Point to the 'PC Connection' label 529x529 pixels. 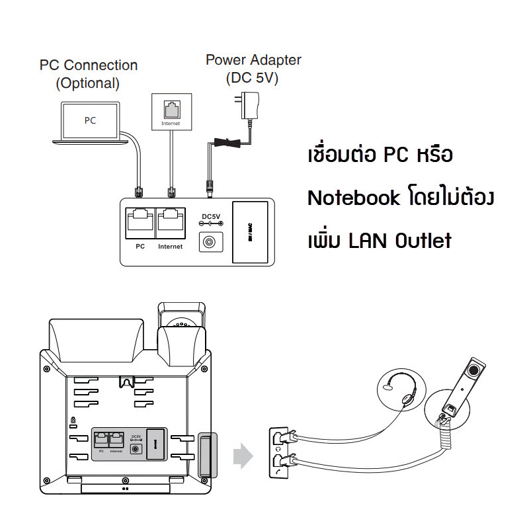coord(89,65)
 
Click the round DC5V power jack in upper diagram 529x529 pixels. coord(210,243)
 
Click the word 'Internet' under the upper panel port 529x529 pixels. coord(171,247)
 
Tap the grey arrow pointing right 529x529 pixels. coord(242,456)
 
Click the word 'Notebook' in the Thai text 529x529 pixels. coord(354,198)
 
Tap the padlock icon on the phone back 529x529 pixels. coord(72,420)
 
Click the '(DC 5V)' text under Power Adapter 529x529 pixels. coord(252,77)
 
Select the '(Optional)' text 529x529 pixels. coord(88,83)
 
